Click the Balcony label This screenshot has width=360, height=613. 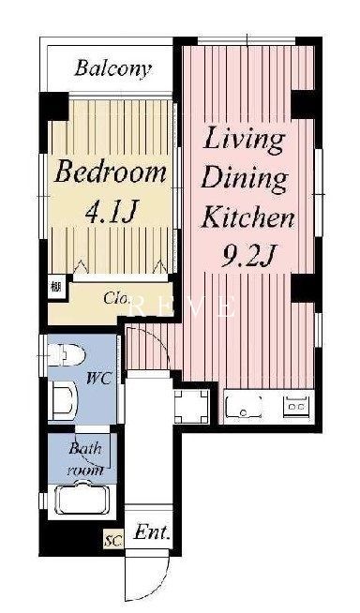112,68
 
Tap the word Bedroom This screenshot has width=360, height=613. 111,172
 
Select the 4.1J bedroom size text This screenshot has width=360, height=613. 111,212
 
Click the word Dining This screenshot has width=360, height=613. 244,179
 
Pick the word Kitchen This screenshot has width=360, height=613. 247,217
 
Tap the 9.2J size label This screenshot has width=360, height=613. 247,256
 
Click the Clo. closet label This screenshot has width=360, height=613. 117,298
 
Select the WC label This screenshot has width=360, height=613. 98,379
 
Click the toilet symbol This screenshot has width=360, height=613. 66,354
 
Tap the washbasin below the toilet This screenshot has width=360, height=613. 63,400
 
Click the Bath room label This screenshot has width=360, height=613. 86,459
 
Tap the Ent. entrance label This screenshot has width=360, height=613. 152,532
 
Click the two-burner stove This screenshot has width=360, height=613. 296,405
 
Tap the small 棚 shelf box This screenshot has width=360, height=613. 56,288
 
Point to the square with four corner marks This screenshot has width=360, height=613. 191,407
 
